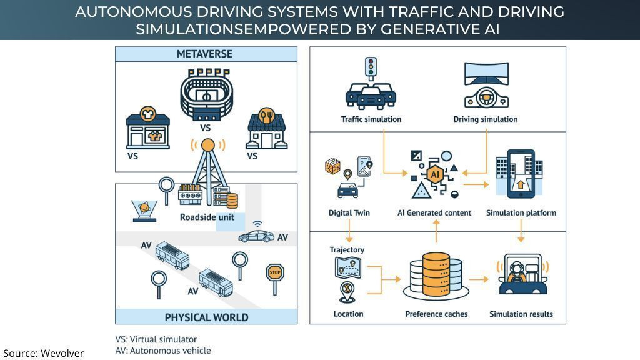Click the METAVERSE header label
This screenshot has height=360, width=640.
pos(204,54)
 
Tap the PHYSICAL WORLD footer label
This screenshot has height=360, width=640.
pos(206,317)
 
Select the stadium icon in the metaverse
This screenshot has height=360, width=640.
pos(207,95)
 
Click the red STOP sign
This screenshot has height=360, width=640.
pos(275,272)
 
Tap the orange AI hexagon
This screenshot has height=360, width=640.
pos(435,174)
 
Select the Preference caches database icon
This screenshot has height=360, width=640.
pos(436,276)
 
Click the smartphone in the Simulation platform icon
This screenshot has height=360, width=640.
pos(521,174)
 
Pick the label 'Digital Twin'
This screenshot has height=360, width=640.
pos(349,212)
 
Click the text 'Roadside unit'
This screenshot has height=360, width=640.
pos(207,217)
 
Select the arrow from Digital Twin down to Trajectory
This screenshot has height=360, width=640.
pos(349,231)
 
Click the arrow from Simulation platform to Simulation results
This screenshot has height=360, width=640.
pos(521,231)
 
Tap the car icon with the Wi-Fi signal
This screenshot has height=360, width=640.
pos(256,236)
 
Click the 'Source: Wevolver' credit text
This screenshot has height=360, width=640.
pos(43,353)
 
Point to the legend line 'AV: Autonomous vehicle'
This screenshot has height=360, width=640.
pos(163,351)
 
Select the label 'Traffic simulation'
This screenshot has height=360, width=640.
pos(371,119)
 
